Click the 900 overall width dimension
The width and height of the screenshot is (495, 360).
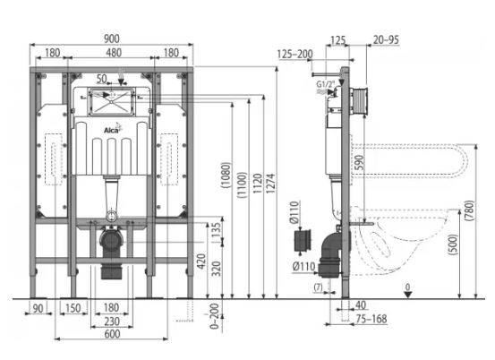(112, 39)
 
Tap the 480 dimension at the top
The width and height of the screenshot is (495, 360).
(114, 53)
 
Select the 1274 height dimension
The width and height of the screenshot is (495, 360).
(271, 184)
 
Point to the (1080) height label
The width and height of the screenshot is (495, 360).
(226, 176)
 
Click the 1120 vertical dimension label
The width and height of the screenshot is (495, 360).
(257, 184)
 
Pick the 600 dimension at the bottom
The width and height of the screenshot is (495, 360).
(112, 334)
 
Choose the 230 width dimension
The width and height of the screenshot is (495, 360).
(112, 321)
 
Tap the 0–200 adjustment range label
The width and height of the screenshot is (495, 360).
(214, 316)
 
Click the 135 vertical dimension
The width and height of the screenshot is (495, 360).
(216, 230)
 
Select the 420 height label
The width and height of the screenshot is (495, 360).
(201, 261)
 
